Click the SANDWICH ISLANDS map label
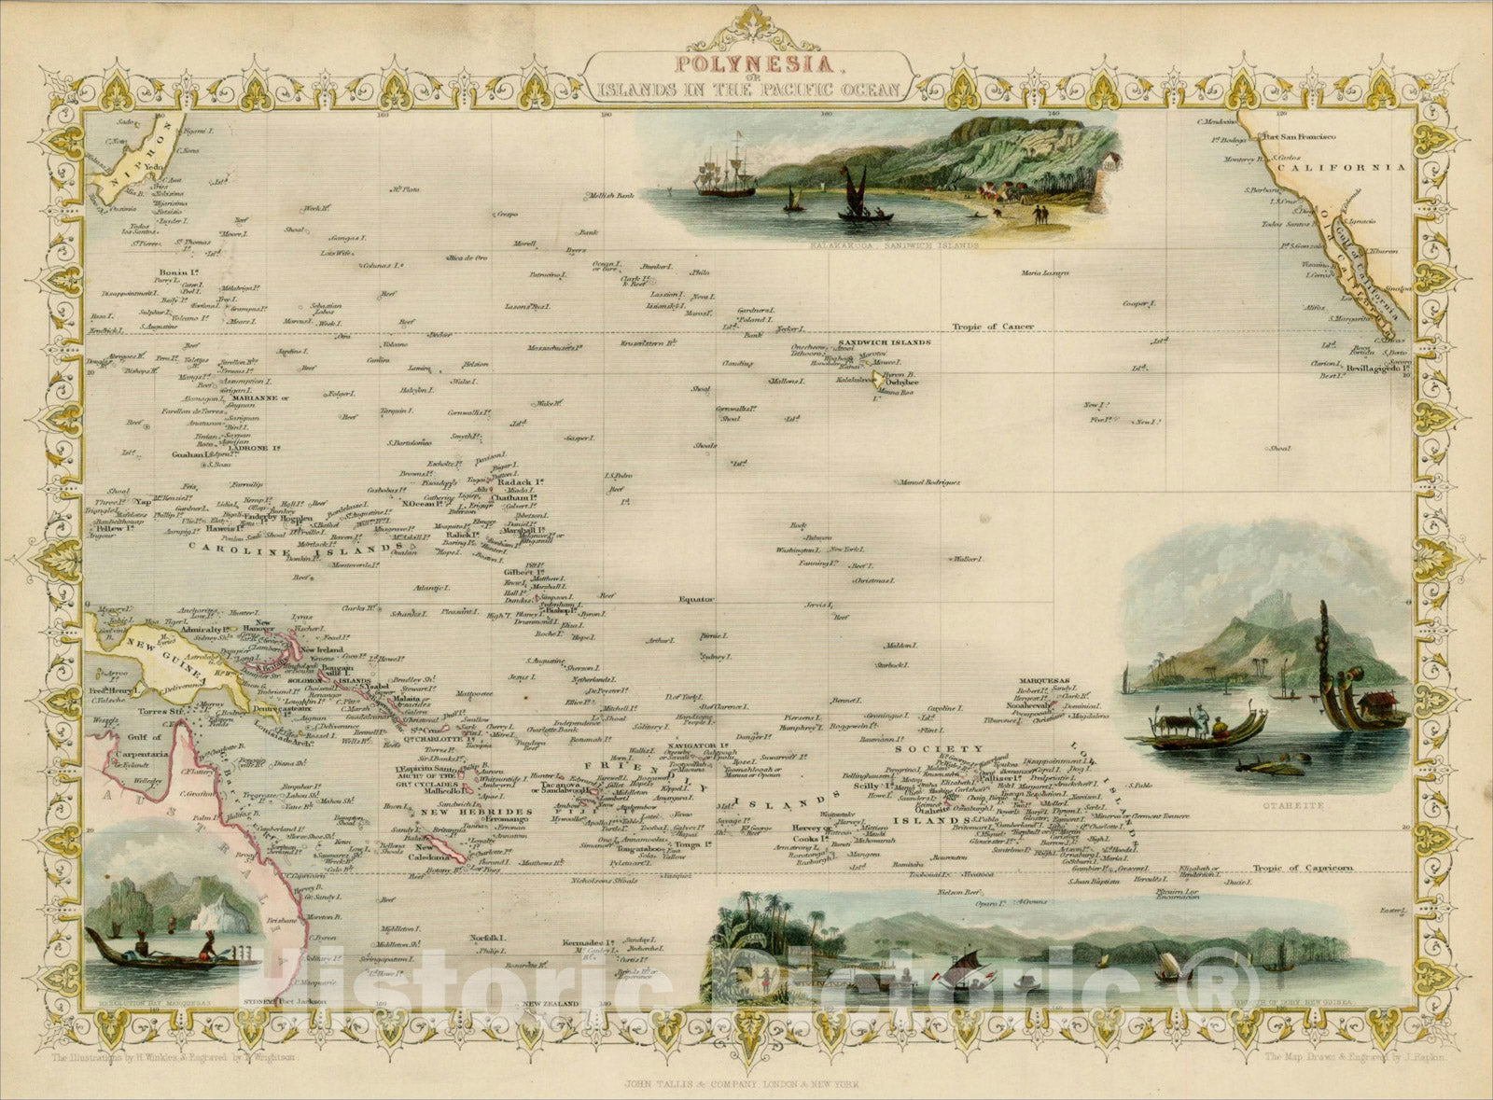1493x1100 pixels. click(x=884, y=342)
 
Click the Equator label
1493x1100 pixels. click(x=695, y=600)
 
